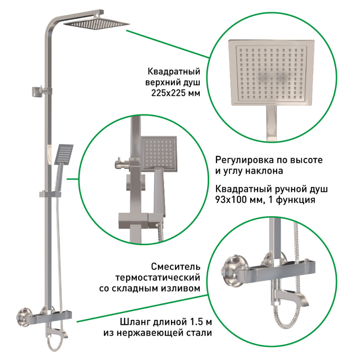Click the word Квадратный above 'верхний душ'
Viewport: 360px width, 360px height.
(x=174, y=72)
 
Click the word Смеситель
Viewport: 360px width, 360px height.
(x=175, y=267)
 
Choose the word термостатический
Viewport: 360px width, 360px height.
(x=158, y=278)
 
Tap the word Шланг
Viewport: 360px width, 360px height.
(x=134, y=322)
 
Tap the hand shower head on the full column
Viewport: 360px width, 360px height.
(x=64, y=154)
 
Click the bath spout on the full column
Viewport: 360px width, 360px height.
(x=58, y=333)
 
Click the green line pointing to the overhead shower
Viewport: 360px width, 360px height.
(x=167, y=44)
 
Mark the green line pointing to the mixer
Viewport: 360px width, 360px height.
(x=142, y=308)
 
